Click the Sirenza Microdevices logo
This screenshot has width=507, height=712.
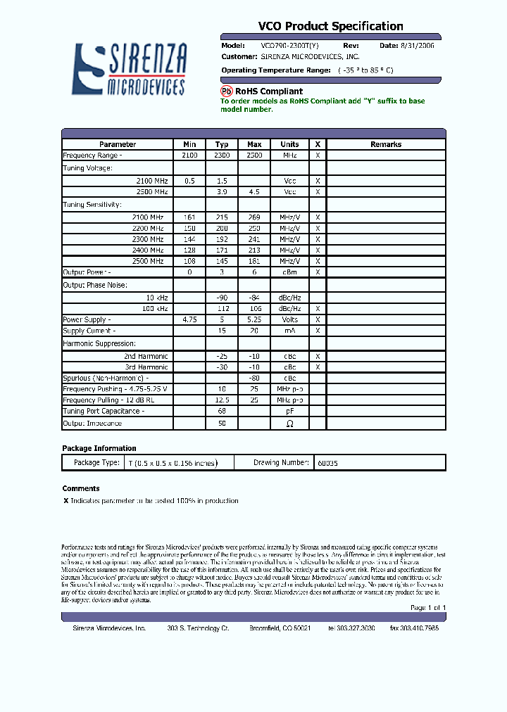click(130, 69)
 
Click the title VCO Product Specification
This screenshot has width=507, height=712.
click(330, 26)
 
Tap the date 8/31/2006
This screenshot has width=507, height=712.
click(417, 45)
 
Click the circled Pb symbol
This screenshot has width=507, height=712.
click(227, 91)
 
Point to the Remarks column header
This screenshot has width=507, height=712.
click(386, 144)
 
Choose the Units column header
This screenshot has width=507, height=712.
click(289, 144)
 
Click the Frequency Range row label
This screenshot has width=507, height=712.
click(92, 155)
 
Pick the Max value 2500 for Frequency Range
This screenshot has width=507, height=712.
click(254, 155)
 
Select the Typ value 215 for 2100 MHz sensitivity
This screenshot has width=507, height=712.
click(222, 217)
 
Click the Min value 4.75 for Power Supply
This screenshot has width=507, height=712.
click(189, 319)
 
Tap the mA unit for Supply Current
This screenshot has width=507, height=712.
click(289, 331)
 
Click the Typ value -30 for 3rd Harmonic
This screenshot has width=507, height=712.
click(222, 367)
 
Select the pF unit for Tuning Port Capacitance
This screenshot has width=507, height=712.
click(289, 411)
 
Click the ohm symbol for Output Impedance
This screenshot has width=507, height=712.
click(289, 424)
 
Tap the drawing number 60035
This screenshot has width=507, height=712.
click(327, 463)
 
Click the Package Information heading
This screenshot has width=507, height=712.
click(99, 448)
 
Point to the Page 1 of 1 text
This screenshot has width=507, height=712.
click(428, 607)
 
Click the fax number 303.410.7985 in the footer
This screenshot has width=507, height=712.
click(414, 628)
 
